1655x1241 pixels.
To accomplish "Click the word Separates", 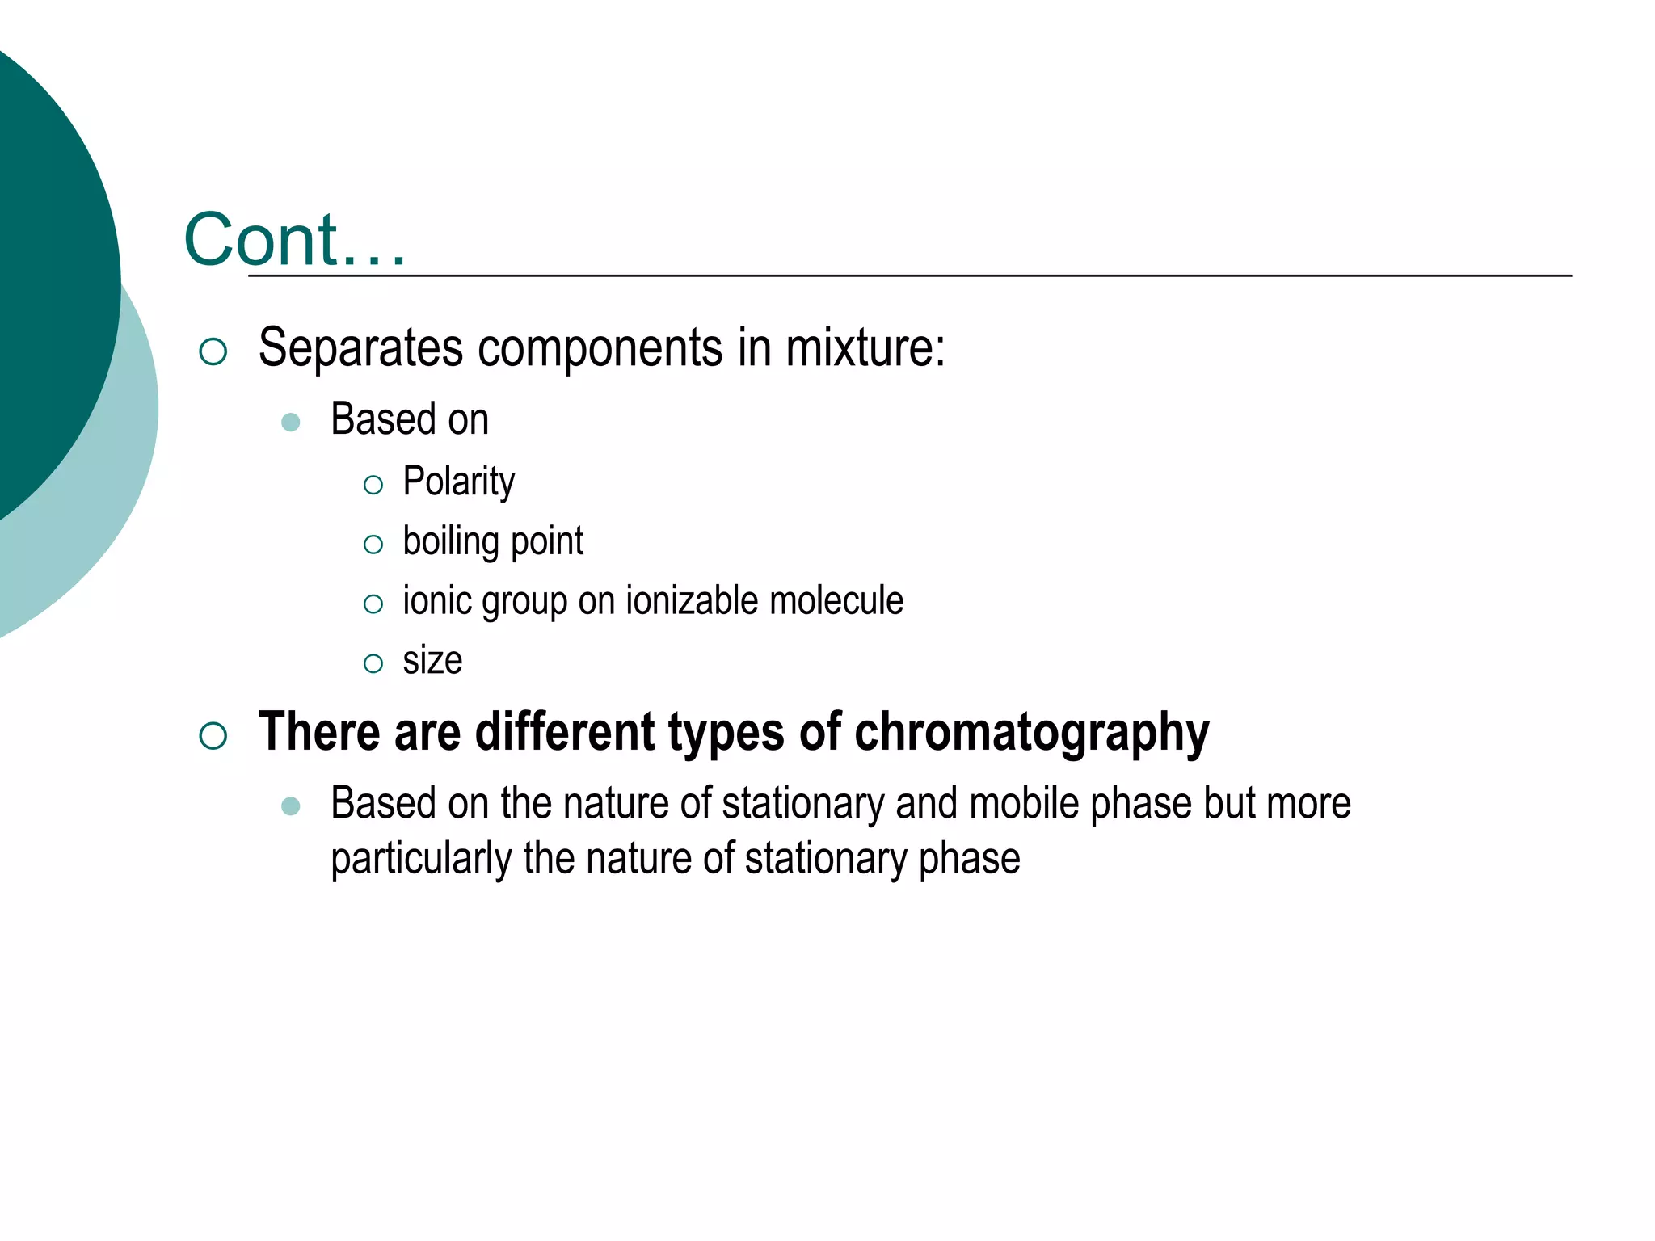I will point(361,348).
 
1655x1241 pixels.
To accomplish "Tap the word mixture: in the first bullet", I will point(865,348).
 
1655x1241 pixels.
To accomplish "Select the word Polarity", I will point(458,482).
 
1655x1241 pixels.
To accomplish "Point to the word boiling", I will point(450,541).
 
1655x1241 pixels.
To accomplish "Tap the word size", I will point(432,661).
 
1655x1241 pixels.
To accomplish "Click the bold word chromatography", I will point(1031,733).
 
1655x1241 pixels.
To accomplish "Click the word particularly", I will point(421,859).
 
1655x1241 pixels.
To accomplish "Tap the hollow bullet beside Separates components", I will point(213,351).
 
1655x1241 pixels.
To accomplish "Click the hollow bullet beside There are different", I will point(213,735).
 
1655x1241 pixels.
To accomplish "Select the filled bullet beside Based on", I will point(291,422).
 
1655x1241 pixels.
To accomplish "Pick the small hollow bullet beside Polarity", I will point(373,485).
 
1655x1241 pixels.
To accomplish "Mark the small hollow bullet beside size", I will point(373,663).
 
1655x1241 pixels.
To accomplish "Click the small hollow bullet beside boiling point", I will point(373,545).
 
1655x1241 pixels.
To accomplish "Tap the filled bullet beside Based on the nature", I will point(291,806).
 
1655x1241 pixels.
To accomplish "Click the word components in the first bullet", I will point(600,348).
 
